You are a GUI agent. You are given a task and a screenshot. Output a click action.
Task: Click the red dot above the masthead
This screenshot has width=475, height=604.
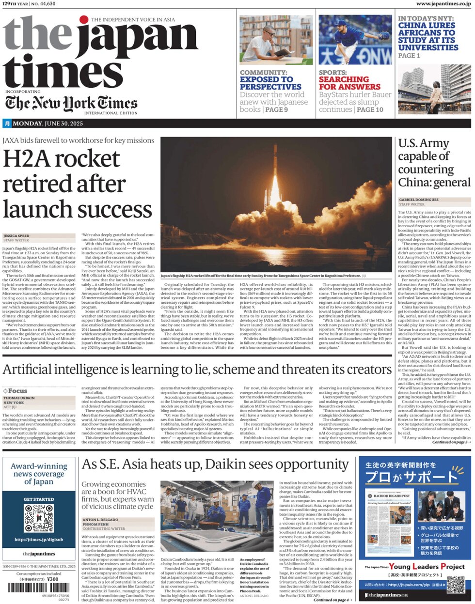click(84, 20)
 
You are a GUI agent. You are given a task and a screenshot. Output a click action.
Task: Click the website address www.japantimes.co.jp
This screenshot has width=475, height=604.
click(443, 4)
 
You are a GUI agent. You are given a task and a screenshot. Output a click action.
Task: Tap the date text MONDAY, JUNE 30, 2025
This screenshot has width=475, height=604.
click(47, 124)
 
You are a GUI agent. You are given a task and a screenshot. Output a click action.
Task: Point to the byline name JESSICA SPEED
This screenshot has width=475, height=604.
click(16, 236)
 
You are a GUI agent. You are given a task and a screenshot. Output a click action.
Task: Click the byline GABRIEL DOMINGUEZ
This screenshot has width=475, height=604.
click(419, 200)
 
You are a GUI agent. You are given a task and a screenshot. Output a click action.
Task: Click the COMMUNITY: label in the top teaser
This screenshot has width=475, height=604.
click(264, 73)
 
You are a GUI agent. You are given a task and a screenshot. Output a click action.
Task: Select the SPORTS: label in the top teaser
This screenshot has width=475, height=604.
click(332, 73)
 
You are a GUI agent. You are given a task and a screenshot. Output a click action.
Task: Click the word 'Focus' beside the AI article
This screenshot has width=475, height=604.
click(17, 391)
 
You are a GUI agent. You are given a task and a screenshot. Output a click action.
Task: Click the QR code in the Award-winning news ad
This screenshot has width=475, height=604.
click(39, 517)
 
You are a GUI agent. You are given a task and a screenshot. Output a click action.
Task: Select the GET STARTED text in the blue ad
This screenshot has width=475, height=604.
click(39, 499)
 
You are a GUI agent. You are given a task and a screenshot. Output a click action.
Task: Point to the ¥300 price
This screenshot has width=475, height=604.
click(53, 579)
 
